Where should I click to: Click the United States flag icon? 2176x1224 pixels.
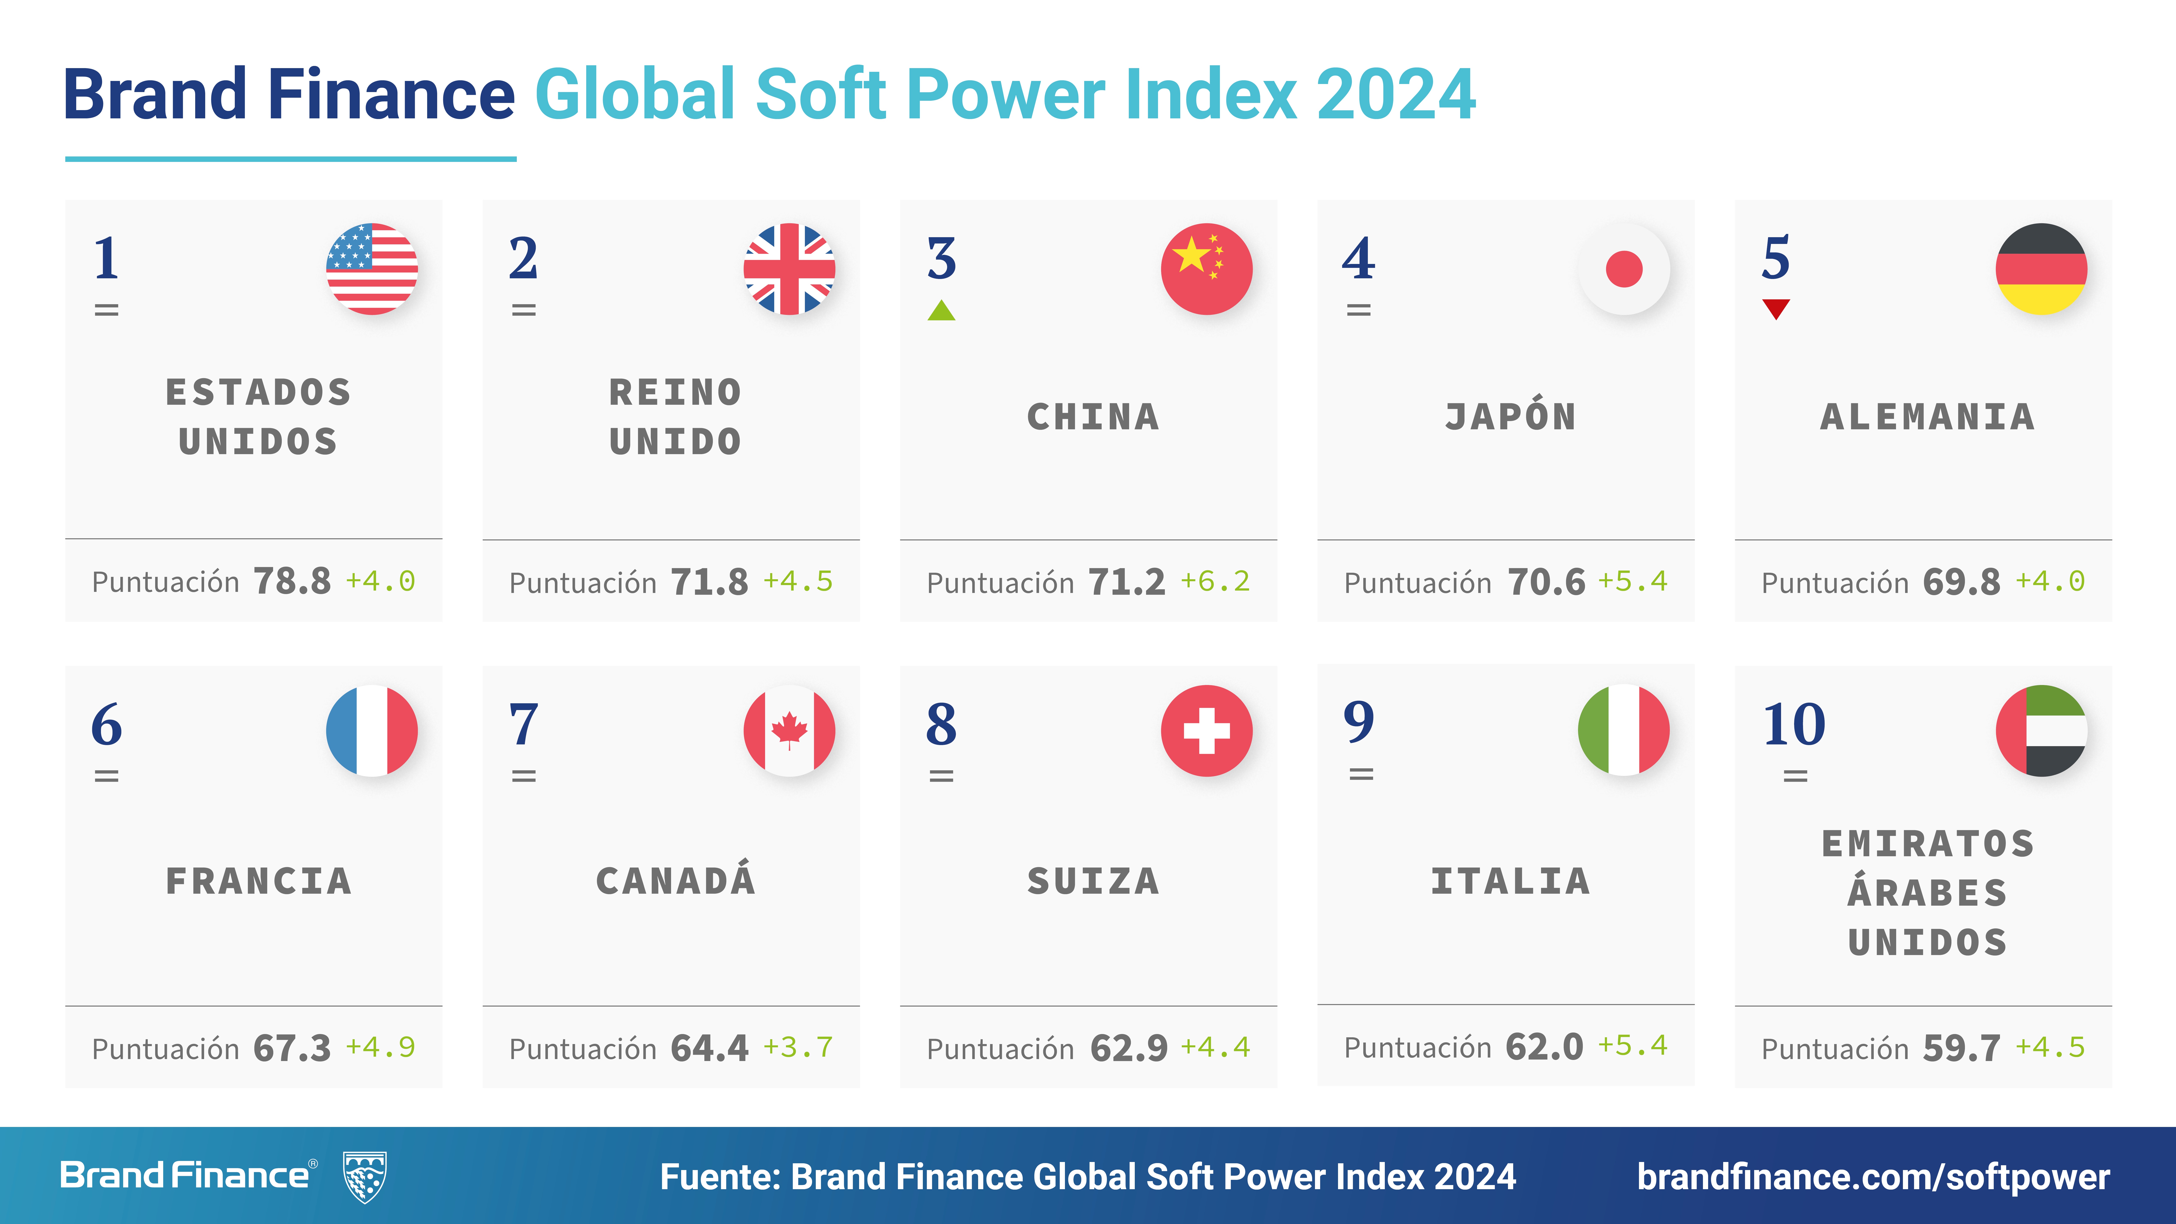[x=372, y=269]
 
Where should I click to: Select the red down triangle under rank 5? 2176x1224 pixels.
[x=1776, y=309]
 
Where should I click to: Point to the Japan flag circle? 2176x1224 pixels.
[x=1624, y=269]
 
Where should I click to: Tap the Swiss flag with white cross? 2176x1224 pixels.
[x=1206, y=731]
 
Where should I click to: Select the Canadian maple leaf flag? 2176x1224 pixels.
[x=789, y=731]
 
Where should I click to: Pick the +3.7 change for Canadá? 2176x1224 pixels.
[x=798, y=1048]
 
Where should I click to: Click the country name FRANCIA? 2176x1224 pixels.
[x=259, y=881]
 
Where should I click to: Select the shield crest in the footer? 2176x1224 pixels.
[x=365, y=1176]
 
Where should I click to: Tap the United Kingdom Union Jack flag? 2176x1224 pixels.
[x=789, y=269]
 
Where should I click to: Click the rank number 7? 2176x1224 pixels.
[x=524, y=725]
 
